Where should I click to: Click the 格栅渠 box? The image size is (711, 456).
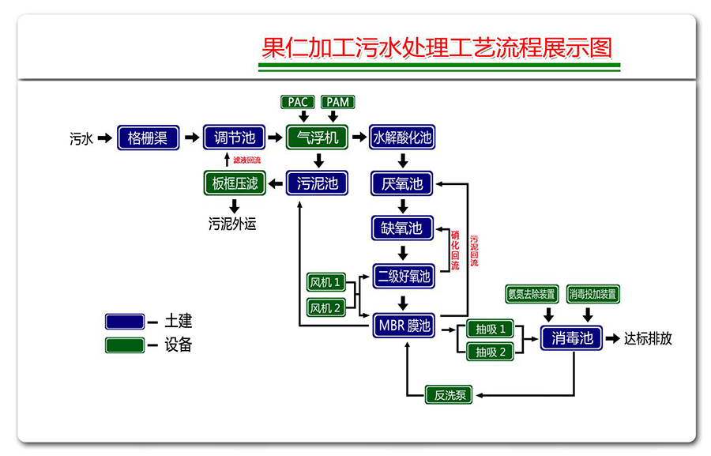[x=148, y=138]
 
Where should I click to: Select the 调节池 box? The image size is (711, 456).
[x=235, y=138]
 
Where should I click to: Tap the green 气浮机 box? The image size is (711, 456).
[x=317, y=138]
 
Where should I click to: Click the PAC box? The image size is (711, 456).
[x=298, y=102]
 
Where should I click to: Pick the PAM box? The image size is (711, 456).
[x=338, y=102]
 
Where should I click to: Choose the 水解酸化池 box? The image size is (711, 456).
[x=403, y=138]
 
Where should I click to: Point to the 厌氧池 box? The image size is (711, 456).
[x=403, y=184]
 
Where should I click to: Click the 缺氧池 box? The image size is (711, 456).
[x=403, y=228]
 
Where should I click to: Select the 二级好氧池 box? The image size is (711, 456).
[x=403, y=277]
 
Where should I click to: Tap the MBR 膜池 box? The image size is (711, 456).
[x=403, y=325]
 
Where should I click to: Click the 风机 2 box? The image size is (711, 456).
[x=326, y=307]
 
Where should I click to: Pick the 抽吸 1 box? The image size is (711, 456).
[x=491, y=329]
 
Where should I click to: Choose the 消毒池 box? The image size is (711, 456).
[x=572, y=338]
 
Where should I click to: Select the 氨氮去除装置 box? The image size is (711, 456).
[x=531, y=294]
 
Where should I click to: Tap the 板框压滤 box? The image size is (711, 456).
[x=235, y=184]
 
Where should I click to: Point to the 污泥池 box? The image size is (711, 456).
[x=317, y=184]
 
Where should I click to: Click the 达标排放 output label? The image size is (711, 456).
[x=648, y=338]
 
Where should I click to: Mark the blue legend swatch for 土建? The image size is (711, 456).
[x=125, y=321]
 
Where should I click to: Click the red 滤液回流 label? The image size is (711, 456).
[x=246, y=160]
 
